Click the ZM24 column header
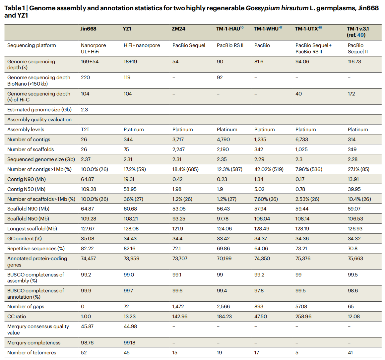tap(178, 29)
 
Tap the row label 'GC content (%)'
tap(25, 239)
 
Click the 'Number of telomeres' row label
tap(32, 353)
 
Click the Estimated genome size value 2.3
tap(84, 110)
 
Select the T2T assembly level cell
tap(85, 130)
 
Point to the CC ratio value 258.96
tap(303, 317)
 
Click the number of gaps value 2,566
tap(223, 307)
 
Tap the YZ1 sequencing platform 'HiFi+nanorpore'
tap(142, 45)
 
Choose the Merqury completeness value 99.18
tap(129, 342)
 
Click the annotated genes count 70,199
tap(224, 259)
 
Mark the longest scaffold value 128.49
tap(262, 229)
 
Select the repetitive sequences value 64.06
tap(261, 249)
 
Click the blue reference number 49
tap(360, 35)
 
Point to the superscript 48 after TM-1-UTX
tap(320, 28)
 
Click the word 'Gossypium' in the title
tap(263, 8)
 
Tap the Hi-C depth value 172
tap(352, 94)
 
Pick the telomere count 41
tap(351, 353)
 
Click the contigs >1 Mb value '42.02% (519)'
tap(269, 169)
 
